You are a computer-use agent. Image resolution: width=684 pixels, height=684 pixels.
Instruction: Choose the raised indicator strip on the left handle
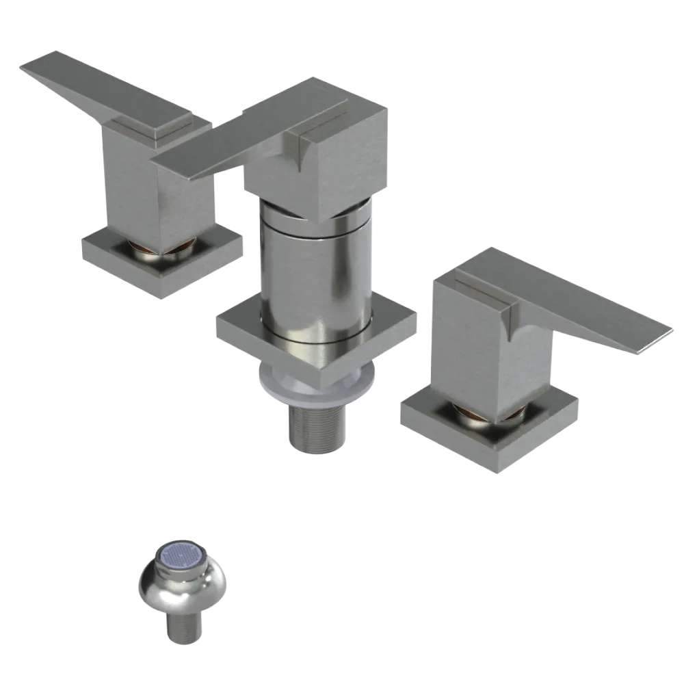147,127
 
